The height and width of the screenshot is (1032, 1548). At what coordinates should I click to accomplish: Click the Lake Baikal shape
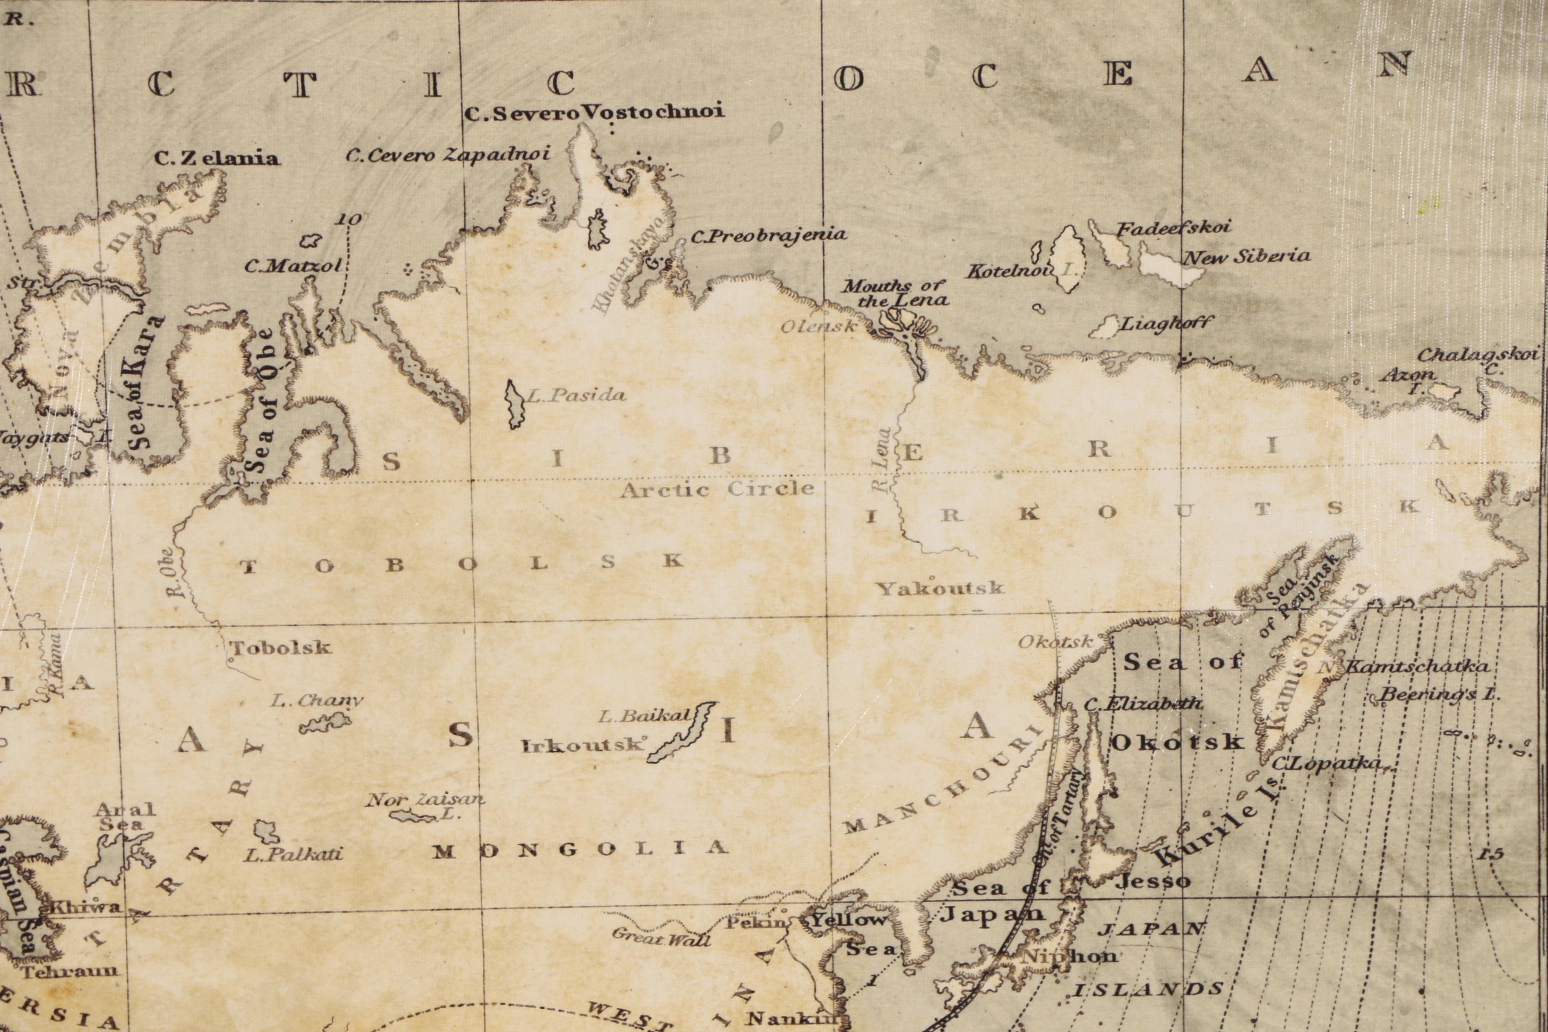point(681,732)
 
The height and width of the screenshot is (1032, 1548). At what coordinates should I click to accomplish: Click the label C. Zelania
point(216,158)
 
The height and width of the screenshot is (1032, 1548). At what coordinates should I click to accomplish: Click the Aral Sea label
point(125,816)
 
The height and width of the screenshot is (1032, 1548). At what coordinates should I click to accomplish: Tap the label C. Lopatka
point(1324,763)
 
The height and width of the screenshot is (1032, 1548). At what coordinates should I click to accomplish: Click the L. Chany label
point(317,701)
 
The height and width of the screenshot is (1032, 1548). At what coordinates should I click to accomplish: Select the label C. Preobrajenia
point(768,236)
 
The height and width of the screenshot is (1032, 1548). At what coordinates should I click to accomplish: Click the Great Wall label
point(662,937)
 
